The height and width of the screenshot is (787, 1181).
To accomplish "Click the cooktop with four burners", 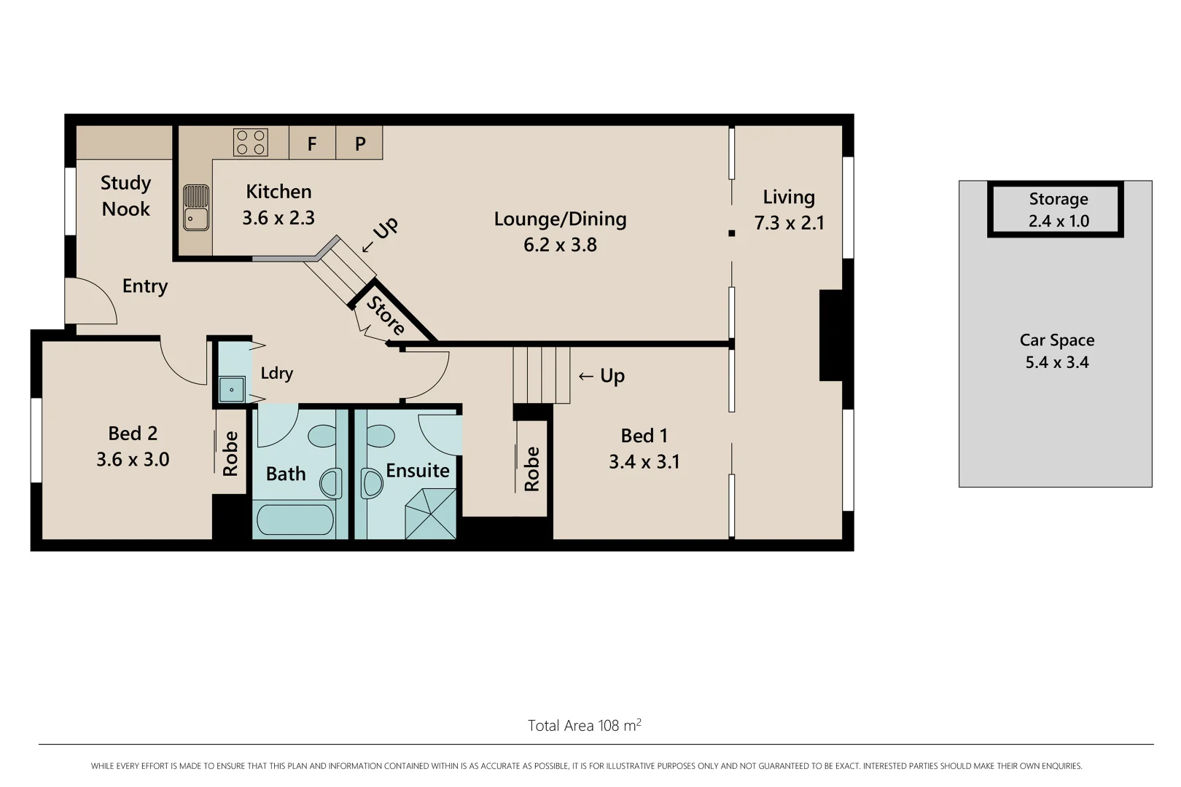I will point(251,142).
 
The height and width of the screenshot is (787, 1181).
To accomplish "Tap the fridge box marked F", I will point(312,144).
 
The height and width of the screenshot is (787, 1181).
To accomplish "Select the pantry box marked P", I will point(360,144).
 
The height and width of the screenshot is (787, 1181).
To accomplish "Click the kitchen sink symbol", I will point(195,208).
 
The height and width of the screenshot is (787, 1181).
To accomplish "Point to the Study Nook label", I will point(125,196).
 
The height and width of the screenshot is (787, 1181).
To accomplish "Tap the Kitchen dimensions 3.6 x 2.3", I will point(278,218).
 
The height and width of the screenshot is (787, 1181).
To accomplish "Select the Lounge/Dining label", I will point(560,219).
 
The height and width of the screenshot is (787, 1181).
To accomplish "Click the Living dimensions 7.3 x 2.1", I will point(789,223).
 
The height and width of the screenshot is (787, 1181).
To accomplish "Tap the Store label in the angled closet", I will point(386,316).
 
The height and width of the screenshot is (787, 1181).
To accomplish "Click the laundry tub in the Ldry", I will point(232,390).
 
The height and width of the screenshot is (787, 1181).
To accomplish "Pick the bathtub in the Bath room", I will point(295,520).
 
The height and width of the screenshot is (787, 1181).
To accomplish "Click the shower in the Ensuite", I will point(431,514).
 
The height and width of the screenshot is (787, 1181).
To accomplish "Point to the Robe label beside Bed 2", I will point(230,453).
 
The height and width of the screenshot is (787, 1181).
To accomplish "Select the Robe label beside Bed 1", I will point(532,469).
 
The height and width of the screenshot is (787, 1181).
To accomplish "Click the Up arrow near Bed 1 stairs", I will point(601,376).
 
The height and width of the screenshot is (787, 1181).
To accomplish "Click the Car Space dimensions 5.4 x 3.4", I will point(1057,363).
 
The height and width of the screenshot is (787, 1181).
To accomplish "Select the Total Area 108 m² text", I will point(584,725).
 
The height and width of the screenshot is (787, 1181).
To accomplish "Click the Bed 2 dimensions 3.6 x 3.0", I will point(133,460).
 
